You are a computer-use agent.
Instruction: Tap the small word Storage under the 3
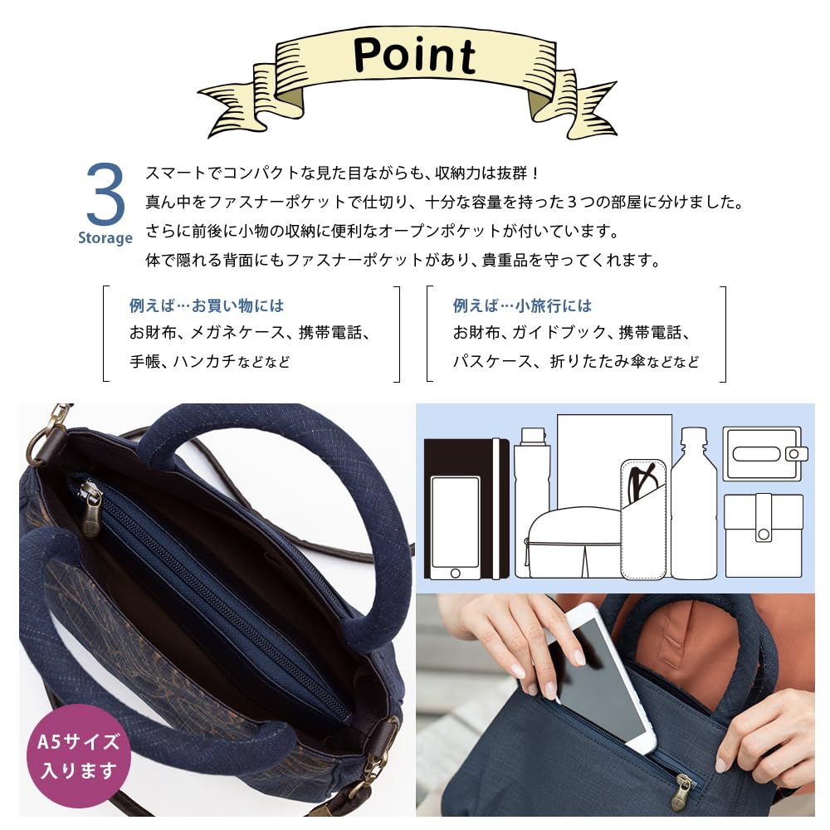point(105,238)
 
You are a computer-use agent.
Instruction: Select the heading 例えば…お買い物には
point(207,305)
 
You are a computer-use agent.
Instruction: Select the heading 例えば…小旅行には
point(522,305)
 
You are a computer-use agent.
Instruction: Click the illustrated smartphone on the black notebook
point(454,527)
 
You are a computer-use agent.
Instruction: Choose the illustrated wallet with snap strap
point(763,535)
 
